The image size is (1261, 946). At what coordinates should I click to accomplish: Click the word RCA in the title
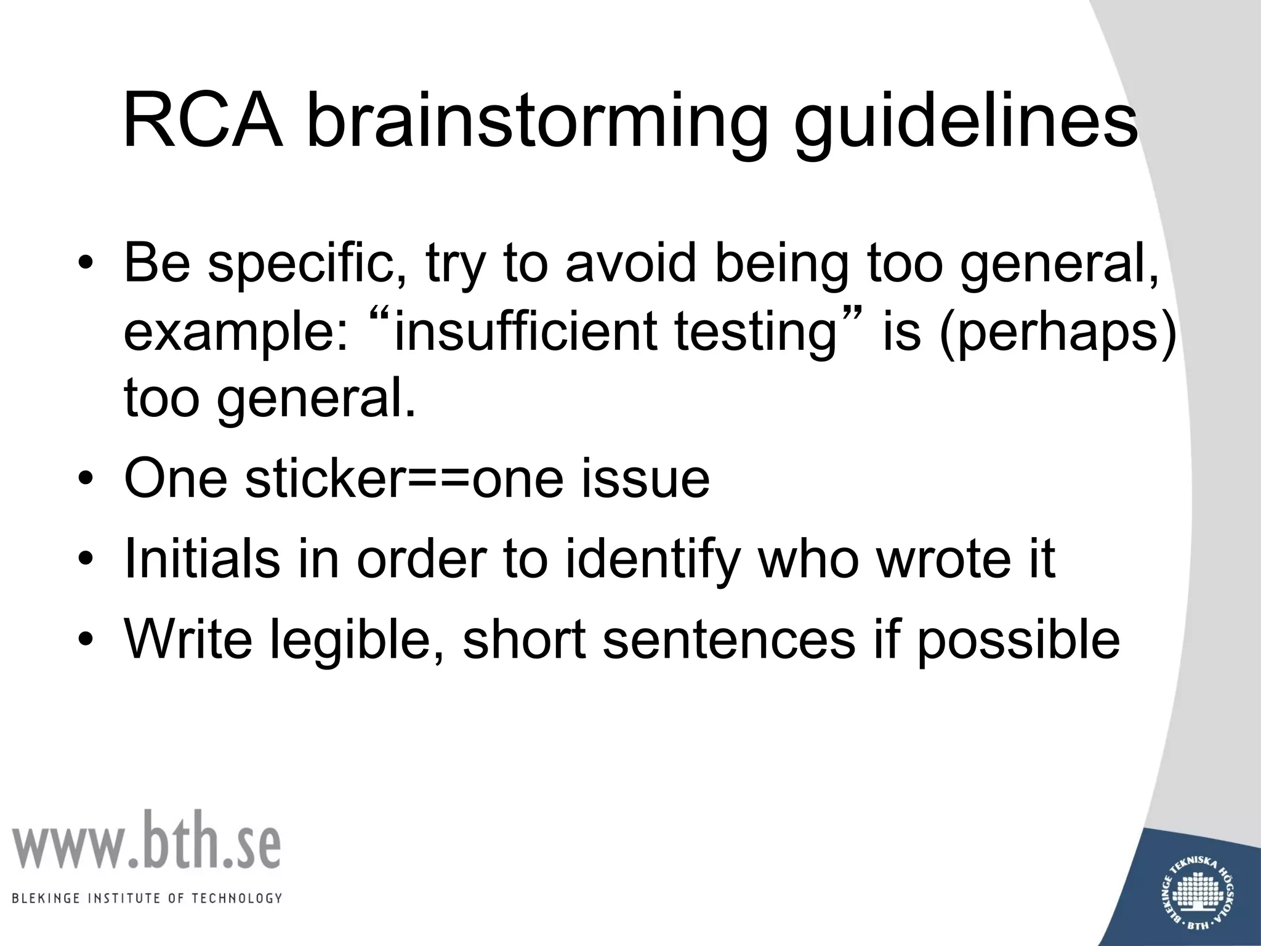coord(203,122)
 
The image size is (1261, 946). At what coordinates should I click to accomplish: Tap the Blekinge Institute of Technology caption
coord(147,898)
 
